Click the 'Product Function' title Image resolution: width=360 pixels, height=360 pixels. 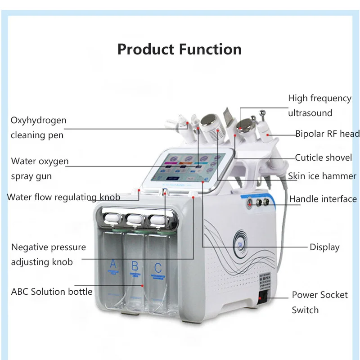click(x=180, y=49)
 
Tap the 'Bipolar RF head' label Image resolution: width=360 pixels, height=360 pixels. click(x=328, y=134)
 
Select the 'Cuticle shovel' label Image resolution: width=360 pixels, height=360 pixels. click(x=324, y=157)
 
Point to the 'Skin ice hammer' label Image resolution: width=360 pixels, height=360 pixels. click(x=322, y=176)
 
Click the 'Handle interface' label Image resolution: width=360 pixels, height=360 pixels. click(x=323, y=199)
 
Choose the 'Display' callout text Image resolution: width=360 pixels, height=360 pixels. click(x=324, y=247)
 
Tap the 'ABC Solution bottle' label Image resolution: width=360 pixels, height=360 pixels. click(x=52, y=292)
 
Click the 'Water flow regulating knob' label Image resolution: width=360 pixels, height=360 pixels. click(x=63, y=197)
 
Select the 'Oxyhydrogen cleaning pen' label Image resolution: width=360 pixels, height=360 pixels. click(x=38, y=128)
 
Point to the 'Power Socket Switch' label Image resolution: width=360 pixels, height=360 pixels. click(x=319, y=302)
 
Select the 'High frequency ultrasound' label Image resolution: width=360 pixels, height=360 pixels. click(x=319, y=105)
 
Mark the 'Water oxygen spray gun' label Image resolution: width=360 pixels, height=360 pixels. click(x=40, y=169)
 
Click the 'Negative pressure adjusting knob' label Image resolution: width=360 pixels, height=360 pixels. click(x=48, y=254)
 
